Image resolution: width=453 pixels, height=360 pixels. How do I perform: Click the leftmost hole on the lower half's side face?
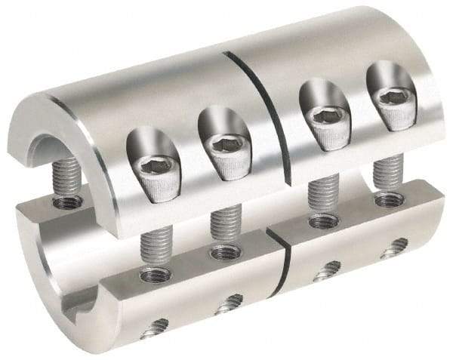pos(156,325)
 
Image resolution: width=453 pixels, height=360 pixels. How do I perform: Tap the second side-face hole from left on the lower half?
pos(228,305)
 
